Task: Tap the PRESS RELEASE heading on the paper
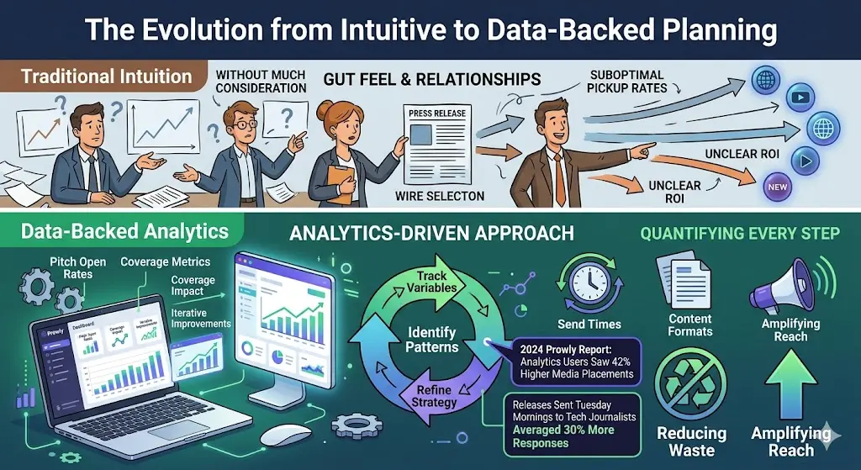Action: [x=437, y=113]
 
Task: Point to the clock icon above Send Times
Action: [x=588, y=283]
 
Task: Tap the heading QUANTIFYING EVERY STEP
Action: [x=740, y=233]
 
